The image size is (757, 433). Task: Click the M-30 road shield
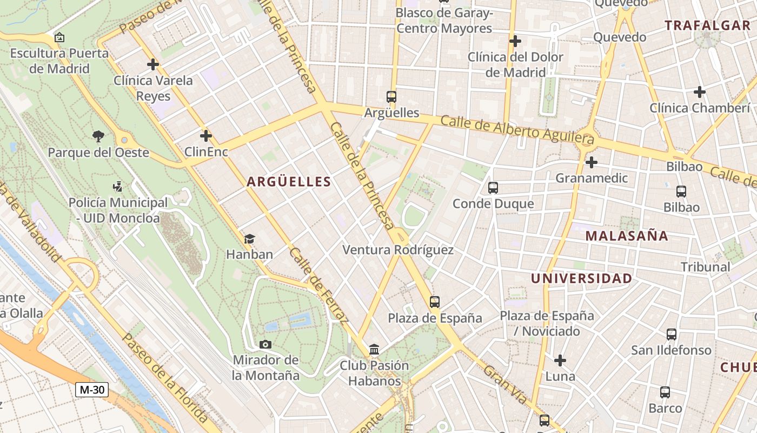(x=92, y=390)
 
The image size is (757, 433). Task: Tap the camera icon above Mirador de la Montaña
(x=265, y=344)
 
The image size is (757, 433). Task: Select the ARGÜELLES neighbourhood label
(x=289, y=182)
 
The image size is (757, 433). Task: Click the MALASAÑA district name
(x=627, y=236)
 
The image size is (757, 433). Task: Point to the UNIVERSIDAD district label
(x=581, y=278)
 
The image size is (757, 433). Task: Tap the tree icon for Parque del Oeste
(x=98, y=136)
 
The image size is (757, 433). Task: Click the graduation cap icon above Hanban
(x=249, y=239)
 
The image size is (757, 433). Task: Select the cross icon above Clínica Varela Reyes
(x=153, y=64)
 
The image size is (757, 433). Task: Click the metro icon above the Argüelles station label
(x=391, y=97)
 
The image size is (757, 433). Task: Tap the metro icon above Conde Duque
(x=493, y=188)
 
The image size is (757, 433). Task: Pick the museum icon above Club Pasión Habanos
(x=374, y=350)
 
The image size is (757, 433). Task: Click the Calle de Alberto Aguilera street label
(x=517, y=130)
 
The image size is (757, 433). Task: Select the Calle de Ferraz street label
(x=318, y=285)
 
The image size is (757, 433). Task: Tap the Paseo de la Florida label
(x=165, y=377)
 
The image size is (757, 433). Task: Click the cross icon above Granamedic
(x=592, y=162)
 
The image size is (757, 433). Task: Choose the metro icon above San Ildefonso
(x=672, y=334)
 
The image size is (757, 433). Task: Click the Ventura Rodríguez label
(x=398, y=250)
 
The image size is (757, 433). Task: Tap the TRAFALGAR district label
(x=707, y=25)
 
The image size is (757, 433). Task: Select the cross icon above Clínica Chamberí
(x=700, y=92)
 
